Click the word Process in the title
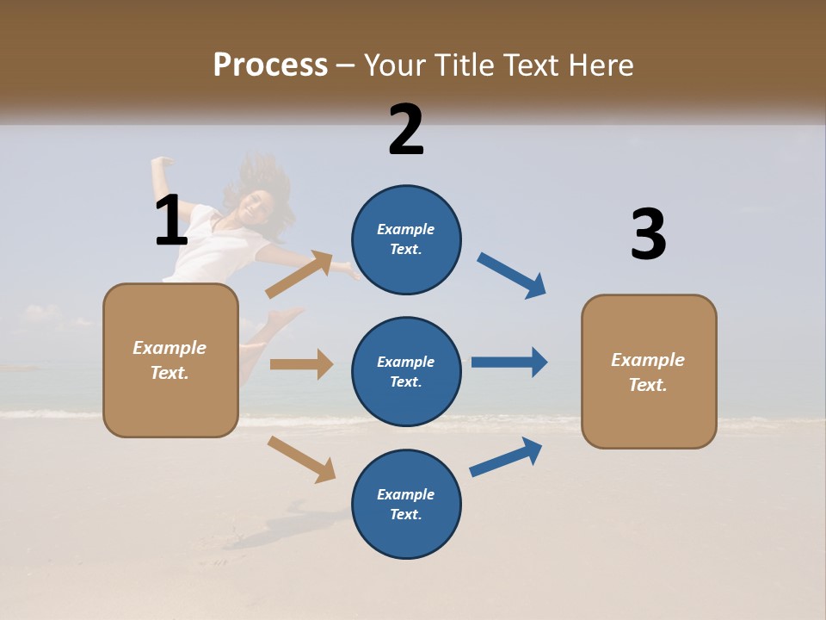(270, 65)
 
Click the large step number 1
(171, 220)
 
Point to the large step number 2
(406, 129)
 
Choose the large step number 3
(648, 234)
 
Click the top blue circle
(406, 239)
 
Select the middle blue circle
(406, 371)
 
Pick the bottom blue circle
(406, 504)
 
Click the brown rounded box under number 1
(170, 360)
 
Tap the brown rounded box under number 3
(649, 371)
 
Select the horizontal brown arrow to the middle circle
(301, 363)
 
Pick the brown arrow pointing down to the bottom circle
(301, 458)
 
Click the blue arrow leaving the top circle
(512, 276)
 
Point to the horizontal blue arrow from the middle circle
(509, 363)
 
